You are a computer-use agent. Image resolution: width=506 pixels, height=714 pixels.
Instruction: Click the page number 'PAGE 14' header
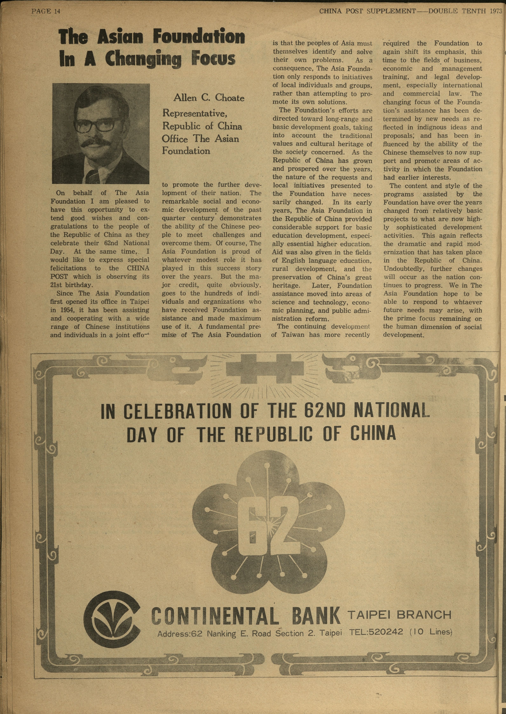[45, 12]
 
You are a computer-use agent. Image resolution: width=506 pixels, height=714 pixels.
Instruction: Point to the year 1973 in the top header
[495, 12]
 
